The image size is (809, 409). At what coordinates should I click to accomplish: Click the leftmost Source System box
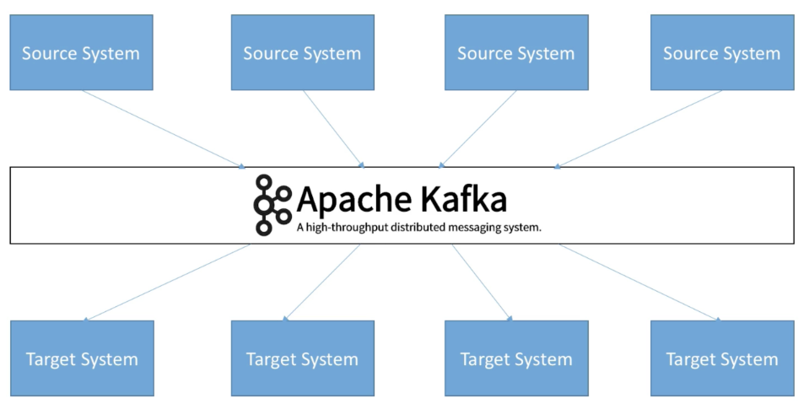click(x=81, y=52)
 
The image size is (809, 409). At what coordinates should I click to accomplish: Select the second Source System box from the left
click(x=302, y=52)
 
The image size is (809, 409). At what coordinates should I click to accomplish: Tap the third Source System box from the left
click(x=515, y=52)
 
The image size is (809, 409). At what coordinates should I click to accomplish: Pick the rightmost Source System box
click(x=721, y=52)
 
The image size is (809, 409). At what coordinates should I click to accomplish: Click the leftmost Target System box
click(x=82, y=358)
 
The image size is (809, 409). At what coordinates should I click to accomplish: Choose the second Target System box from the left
click(x=302, y=358)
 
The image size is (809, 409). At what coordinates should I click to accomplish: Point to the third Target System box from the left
click(x=515, y=358)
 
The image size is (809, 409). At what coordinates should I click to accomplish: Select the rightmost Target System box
click(x=722, y=358)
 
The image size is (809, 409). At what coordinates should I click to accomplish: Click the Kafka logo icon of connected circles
click(x=272, y=204)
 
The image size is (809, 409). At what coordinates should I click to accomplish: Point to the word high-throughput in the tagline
click(x=348, y=228)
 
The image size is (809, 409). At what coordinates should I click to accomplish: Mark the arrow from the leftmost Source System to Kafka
click(x=164, y=128)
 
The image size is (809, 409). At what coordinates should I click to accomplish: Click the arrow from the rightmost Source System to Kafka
click(x=639, y=128)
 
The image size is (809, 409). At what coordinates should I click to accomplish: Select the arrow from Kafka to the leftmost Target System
click(x=167, y=283)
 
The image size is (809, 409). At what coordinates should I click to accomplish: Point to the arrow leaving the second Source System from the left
click(x=334, y=128)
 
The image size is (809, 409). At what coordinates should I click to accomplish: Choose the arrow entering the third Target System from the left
click(x=483, y=283)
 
